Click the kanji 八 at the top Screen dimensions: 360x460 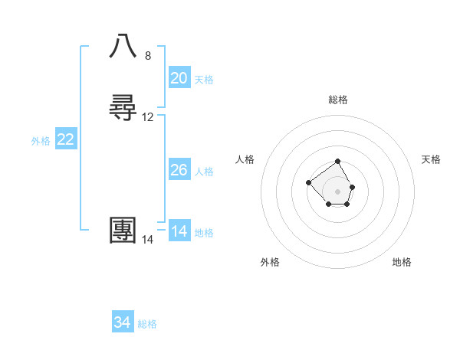[123, 47]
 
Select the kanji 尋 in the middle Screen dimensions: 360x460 [123, 109]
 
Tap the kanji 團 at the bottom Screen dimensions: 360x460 [123, 231]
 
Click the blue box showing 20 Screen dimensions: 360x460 [179, 78]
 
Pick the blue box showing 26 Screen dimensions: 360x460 [179, 170]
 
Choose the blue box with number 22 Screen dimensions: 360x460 [65, 139]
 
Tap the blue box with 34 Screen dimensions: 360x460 [123, 322]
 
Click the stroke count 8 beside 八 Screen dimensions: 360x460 [148, 56]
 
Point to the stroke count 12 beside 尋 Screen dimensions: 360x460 [148, 117]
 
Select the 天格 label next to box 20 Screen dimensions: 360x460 [204, 80]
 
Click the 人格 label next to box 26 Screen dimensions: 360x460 [204, 172]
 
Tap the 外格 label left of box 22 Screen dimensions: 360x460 [41, 141]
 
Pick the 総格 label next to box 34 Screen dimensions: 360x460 [147, 324]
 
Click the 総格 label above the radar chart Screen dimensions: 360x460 [338, 100]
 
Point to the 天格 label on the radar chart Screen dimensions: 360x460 [431, 159]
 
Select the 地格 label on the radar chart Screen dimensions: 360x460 [402, 262]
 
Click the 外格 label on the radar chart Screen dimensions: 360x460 [270, 262]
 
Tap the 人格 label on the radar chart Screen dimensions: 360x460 [245, 159]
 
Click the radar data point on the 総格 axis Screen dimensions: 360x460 [338, 162]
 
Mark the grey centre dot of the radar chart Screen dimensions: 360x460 [338, 191]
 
